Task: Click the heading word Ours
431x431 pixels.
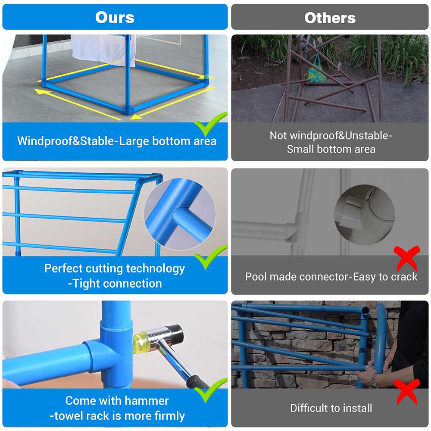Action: tap(115, 17)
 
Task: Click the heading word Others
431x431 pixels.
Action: tap(330, 18)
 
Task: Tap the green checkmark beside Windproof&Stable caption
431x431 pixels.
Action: tap(210, 124)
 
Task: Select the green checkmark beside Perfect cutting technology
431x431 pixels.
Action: tap(210, 257)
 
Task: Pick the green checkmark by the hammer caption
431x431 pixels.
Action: tap(210, 390)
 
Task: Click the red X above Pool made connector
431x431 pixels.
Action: tap(407, 258)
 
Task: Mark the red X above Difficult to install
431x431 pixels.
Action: tap(407, 392)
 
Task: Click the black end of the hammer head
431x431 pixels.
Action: tap(176, 333)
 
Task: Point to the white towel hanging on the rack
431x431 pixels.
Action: tap(103, 50)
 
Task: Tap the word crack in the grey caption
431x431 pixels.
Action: tap(404, 277)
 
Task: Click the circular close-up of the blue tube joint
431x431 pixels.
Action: tap(180, 214)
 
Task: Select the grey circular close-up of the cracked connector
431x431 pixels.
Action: tap(365, 214)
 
